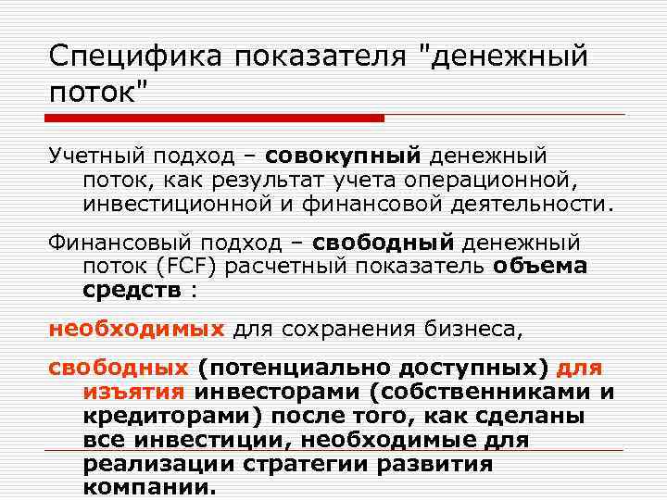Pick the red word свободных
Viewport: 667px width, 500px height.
(x=118, y=368)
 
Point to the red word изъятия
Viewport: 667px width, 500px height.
(x=136, y=392)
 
